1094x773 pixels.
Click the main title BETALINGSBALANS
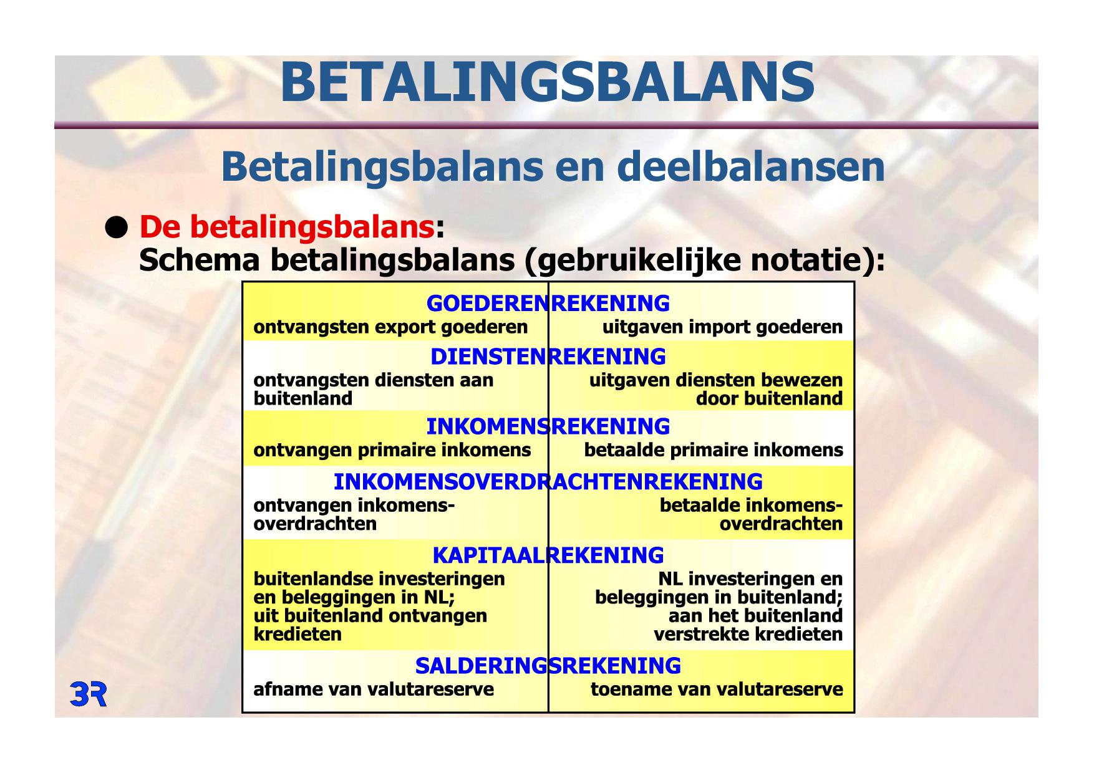tap(547, 83)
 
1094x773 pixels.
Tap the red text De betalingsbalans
tap(286, 227)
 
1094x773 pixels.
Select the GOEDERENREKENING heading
tap(548, 304)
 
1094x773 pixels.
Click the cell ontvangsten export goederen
tap(390, 327)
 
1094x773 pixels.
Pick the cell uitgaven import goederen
tap(722, 327)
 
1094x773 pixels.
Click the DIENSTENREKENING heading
tap(548, 357)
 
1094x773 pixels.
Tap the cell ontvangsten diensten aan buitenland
tap(373, 390)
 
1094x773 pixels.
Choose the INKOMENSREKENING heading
tap(548, 427)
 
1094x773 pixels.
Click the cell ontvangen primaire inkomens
tap(392, 450)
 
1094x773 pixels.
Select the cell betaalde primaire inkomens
tap(714, 450)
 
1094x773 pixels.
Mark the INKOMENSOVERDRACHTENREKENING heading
tap(548, 482)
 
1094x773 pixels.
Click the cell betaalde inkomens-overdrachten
tap(751, 515)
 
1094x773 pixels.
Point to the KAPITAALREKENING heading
tap(548, 555)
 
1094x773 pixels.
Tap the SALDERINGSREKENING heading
tap(548, 666)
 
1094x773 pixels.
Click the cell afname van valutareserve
tap(373, 689)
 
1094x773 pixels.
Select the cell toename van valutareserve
tap(717, 689)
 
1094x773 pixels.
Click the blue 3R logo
tap(89, 694)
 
